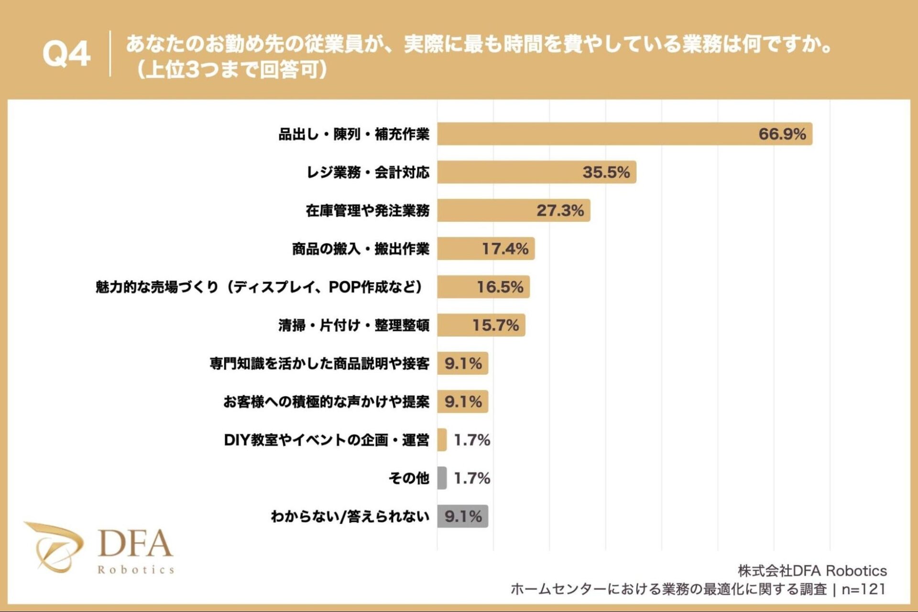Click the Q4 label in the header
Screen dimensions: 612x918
[66, 54]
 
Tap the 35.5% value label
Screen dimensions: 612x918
[606, 172]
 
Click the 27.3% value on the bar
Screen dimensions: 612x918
[560, 210]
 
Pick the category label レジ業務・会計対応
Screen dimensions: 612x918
[367, 172]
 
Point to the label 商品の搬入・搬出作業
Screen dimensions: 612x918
[361, 249]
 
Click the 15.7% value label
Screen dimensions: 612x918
[495, 325]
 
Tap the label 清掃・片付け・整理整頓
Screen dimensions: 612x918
[354, 325]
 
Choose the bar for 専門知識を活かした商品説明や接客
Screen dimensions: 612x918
[462, 363]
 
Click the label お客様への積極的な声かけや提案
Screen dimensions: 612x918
[326, 402]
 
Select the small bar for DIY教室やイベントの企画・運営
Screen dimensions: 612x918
[442, 440]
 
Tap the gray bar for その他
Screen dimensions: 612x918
[442, 478]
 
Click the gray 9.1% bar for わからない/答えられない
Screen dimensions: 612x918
[462, 516]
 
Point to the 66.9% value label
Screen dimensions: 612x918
[782, 134]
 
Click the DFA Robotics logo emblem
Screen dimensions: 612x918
[55, 546]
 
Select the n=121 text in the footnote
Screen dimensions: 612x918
[863, 589]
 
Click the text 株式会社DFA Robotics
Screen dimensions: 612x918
[812, 570]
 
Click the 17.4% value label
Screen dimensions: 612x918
[505, 249]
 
